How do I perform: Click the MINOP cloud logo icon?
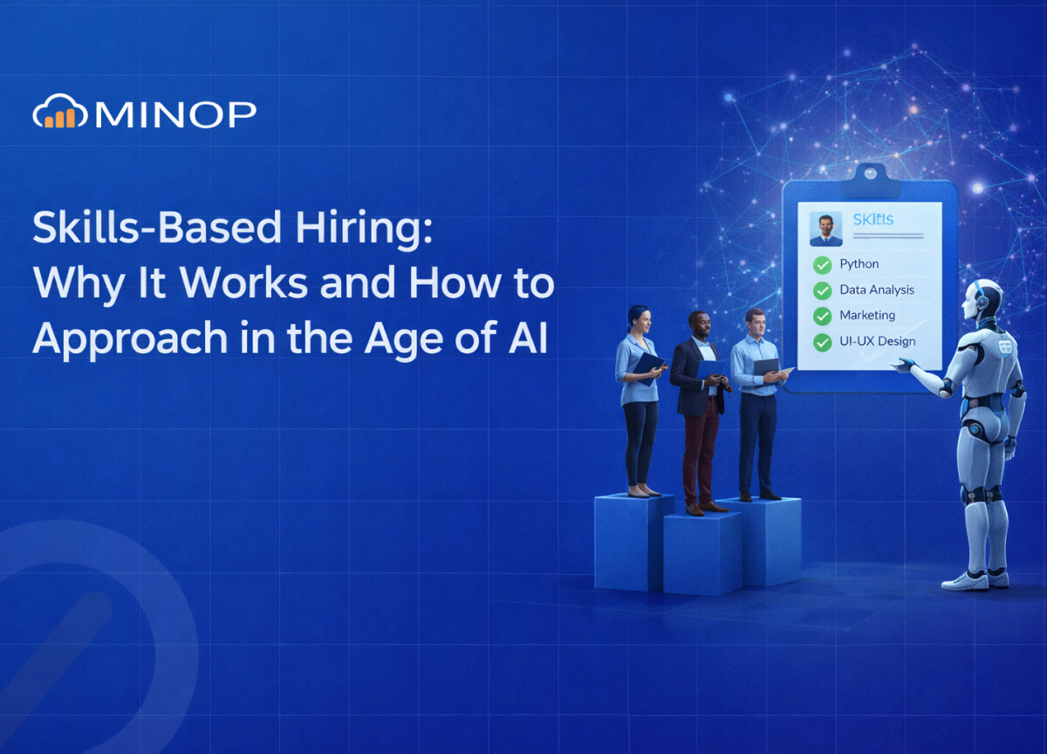[x=60, y=113]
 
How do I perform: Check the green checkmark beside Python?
[x=822, y=264]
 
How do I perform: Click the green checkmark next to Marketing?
[x=822, y=316]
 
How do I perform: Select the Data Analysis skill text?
[x=876, y=290]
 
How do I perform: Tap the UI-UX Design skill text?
[x=877, y=341]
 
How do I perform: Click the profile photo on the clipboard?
[x=825, y=229]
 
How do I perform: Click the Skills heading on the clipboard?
[x=872, y=220]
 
